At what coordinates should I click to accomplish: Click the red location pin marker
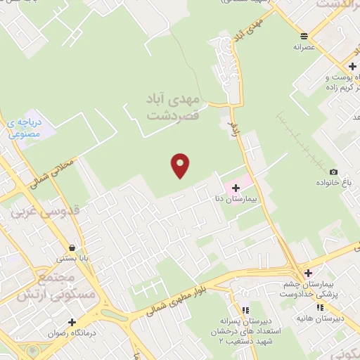[x=181, y=165]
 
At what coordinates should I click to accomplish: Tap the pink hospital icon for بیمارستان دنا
[x=236, y=188]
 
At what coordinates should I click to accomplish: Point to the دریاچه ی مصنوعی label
[x=26, y=127]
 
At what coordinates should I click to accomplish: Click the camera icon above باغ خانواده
[x=333, y=172]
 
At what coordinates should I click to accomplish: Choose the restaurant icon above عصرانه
[x=303, y=37]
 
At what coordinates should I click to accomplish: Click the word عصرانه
[x=302, y=49]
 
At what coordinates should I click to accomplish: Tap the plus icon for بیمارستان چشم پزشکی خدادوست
[x=307, y=274]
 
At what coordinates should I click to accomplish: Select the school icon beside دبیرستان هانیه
[x=320, y=307]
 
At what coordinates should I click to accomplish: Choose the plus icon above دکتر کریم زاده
[x=352, y=66]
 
